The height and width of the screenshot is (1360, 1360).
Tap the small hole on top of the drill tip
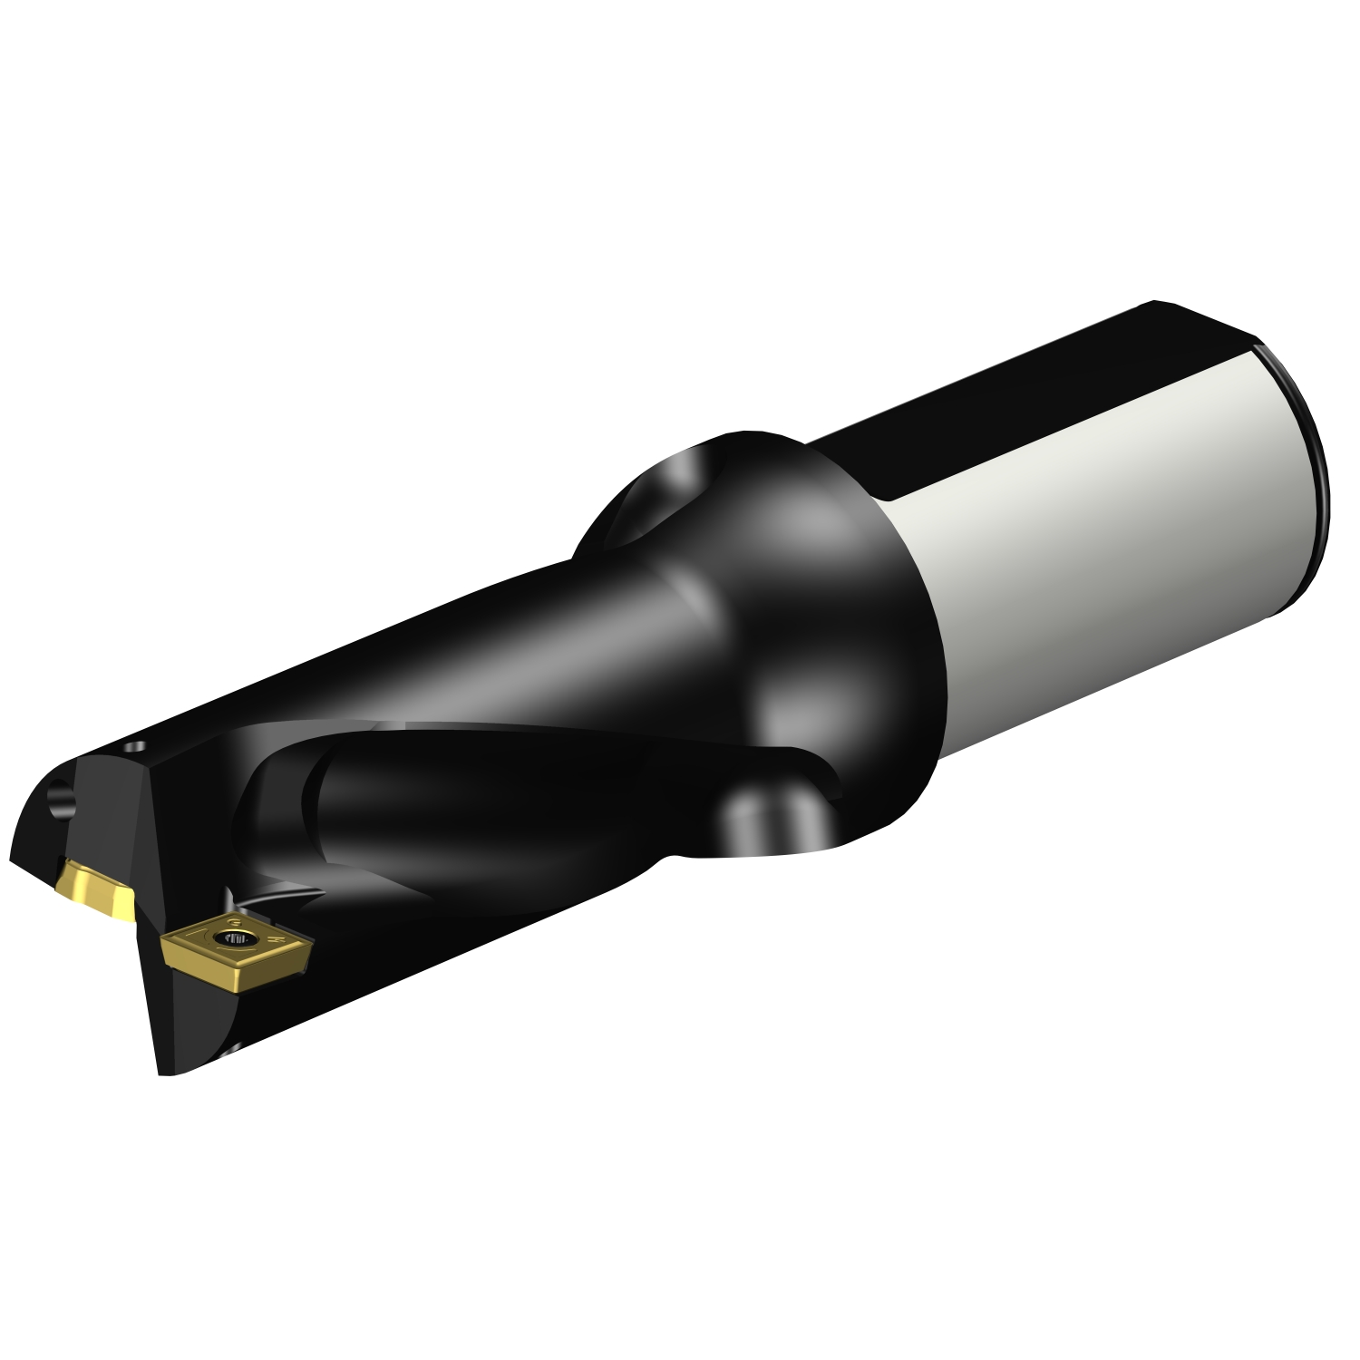[x=136, y=747]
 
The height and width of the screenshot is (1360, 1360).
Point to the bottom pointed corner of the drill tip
[x=163, y=1073]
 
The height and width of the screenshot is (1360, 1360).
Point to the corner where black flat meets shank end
[x=1255, y=345]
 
